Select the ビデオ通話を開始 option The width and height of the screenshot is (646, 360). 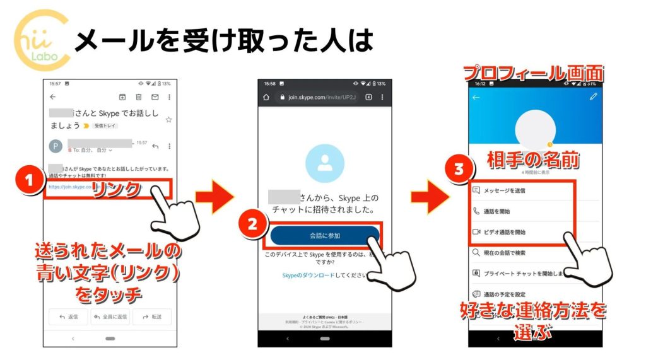(506, 232)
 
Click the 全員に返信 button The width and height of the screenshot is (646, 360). (110, 316)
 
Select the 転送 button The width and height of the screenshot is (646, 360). (152, 316)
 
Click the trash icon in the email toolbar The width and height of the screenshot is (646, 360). (138, 97)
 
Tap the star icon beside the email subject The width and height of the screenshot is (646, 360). (168, 119)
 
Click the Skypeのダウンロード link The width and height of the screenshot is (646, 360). (308, 276)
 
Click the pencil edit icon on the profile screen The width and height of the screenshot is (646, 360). (592, 97)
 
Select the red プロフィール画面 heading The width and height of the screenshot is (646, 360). (534, 73)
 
